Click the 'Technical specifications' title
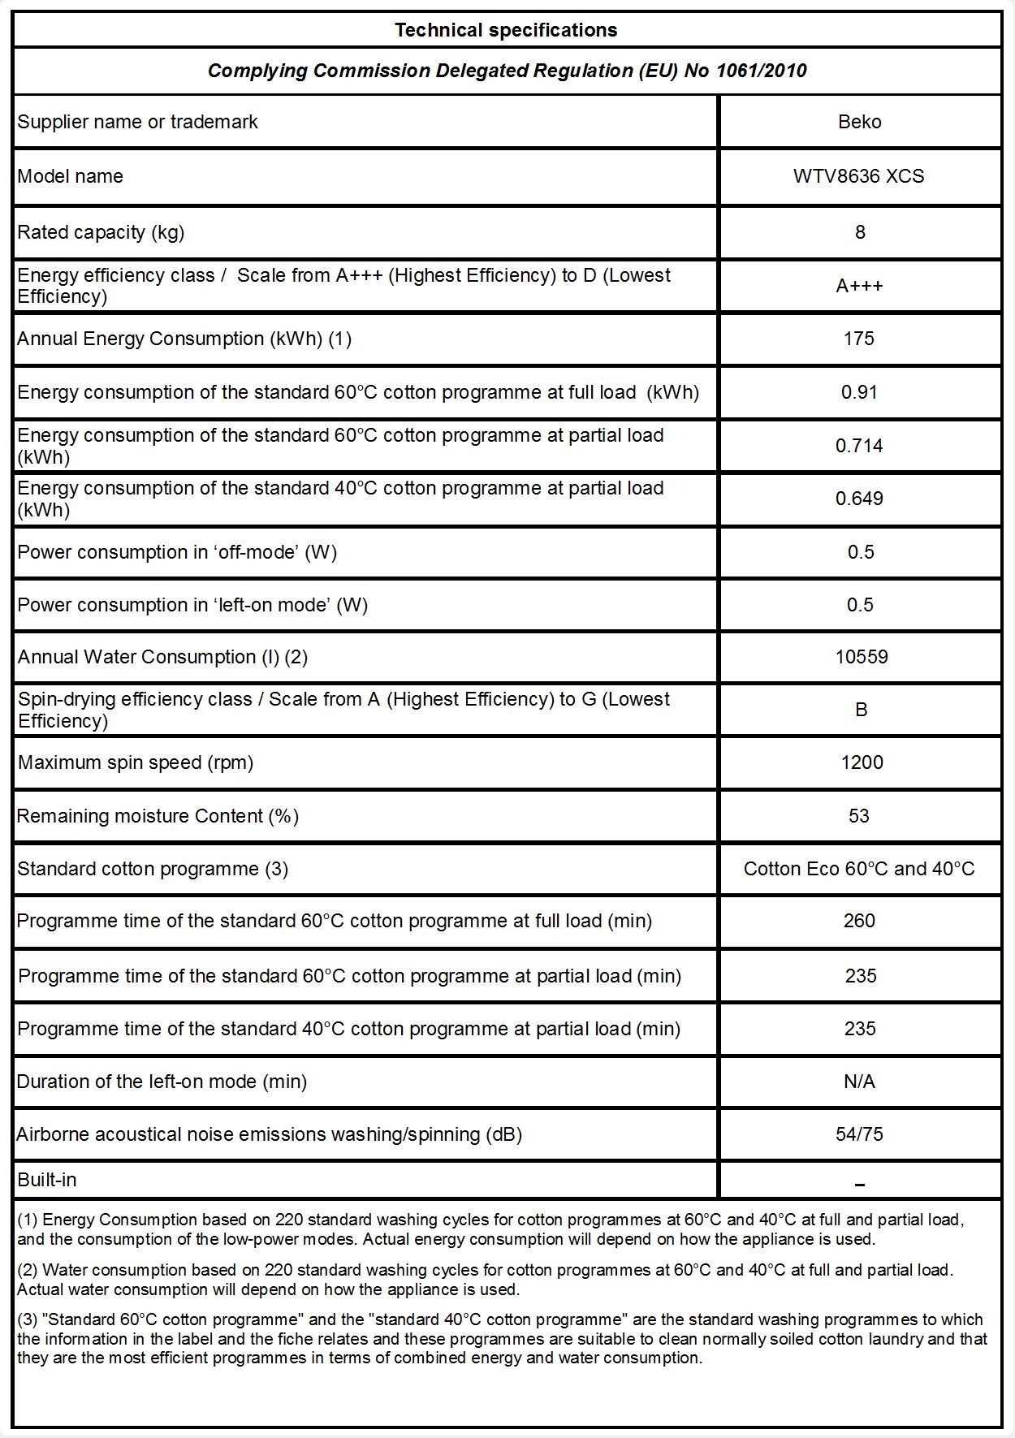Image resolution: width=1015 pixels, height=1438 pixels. pyautogui.click(x=506, y=31)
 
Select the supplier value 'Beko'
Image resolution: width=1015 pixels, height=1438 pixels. pyautogui.click(x=859, y=122)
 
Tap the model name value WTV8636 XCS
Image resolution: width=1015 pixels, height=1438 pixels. pyautogui.click(x=859, y=176)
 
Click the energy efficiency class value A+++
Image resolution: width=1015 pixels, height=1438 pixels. pyautogui.click(x=859, y=286)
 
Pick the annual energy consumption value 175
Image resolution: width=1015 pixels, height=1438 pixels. pyautogui.click(x=859, y=339)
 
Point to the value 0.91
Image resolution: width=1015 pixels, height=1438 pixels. pyautogui.click(x=859, y=392)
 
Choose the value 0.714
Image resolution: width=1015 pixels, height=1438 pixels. pyautogui.click(x=859, y=446)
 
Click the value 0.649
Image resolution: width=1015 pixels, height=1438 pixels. pyautogui.click(x=859, y=499)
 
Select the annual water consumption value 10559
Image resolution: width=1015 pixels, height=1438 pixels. pyautogui.click(x=862, y=657)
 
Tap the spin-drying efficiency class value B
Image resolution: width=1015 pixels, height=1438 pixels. pyautogui.click(x=862, y=710)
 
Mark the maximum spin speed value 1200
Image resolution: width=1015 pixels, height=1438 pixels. pyautogui.click(x=862, y=762)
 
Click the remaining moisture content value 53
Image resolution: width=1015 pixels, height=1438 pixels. pyautogui.click(x=859, y=816)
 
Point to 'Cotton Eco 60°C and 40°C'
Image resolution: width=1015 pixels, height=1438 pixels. pyautogui.click(x=859, y=869)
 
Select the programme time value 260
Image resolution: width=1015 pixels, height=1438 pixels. pyautogui.click(x=859, y=921)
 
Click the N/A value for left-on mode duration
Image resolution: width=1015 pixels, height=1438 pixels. pyautogui.click(x=859, y=1082)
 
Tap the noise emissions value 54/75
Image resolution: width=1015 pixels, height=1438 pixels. pyautogui.click(x=859, y=1134)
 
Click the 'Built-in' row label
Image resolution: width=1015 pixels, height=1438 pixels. pyautogui.click(x=47, y=1180)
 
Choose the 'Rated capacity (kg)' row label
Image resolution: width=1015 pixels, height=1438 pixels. pyautogui.click(x=101, y=232)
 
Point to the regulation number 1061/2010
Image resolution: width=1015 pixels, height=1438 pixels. pyautogui.click(x=761, y=71)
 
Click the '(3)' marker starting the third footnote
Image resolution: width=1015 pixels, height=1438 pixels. pyautogui.click(x=28, y=1319)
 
